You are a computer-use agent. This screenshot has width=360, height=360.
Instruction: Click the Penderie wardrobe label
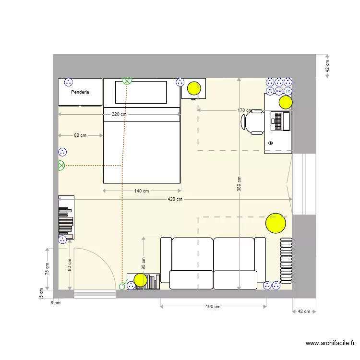80,92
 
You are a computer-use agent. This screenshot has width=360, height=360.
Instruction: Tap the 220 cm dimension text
119,114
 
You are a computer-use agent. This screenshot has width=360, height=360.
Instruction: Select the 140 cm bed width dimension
142,191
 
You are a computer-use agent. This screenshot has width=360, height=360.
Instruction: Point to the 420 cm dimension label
175,199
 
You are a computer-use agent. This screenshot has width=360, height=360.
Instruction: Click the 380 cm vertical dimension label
239,184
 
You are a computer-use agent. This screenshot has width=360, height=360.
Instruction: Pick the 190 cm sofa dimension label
213,307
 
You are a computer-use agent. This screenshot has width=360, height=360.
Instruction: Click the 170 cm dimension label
244,110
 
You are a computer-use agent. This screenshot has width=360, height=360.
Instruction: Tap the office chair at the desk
253,121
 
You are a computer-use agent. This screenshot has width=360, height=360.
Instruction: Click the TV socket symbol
288,91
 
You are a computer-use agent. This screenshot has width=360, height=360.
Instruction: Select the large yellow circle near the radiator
276,223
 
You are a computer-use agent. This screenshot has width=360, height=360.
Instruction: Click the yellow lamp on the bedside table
194,88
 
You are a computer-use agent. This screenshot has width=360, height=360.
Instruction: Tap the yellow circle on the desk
286,102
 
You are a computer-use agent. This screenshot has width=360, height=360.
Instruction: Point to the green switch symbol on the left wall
61,166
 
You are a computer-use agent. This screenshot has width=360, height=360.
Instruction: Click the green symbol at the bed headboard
127,81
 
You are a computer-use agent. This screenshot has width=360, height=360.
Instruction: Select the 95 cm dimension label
144,263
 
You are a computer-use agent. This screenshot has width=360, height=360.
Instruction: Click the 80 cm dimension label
80,135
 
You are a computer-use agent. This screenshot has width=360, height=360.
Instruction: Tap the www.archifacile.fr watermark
330,343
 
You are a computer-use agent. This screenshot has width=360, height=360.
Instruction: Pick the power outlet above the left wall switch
62,152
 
